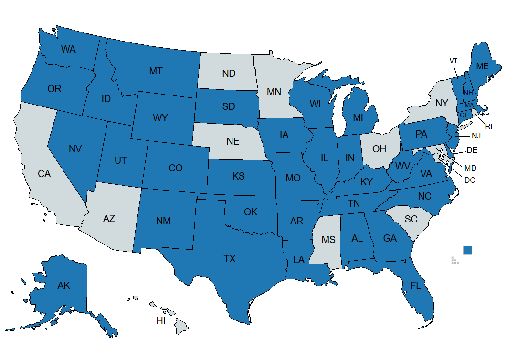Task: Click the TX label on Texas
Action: pos(230,259)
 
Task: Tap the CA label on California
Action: pos(44,174)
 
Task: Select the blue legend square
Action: pos(467,250)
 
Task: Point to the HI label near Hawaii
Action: pos(161,321)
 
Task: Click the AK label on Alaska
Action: pos(63,286)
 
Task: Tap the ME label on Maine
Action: pos(482,66)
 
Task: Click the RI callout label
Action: pos(488,127)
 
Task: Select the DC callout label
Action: pos(469,180)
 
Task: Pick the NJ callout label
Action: pos(476,136)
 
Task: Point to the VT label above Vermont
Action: pos(454,61)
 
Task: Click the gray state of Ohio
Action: pos(380,149)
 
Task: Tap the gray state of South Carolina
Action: pos(411,219)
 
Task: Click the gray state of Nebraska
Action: pos(232,141)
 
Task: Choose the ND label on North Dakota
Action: pos(229,74)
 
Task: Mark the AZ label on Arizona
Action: pos(109,218)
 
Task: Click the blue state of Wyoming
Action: pos(161,117)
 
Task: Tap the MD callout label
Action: pos(470,168)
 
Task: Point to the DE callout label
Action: pos(472,150)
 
